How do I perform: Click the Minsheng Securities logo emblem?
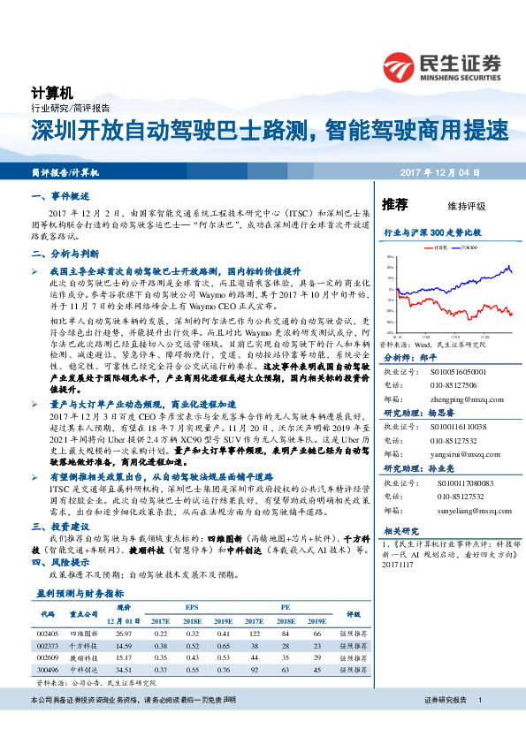coord(400,65)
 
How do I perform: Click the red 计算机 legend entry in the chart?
coord(438,248)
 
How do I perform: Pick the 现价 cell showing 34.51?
coord(124,670)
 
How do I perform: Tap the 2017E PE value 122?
coord(255,634)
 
